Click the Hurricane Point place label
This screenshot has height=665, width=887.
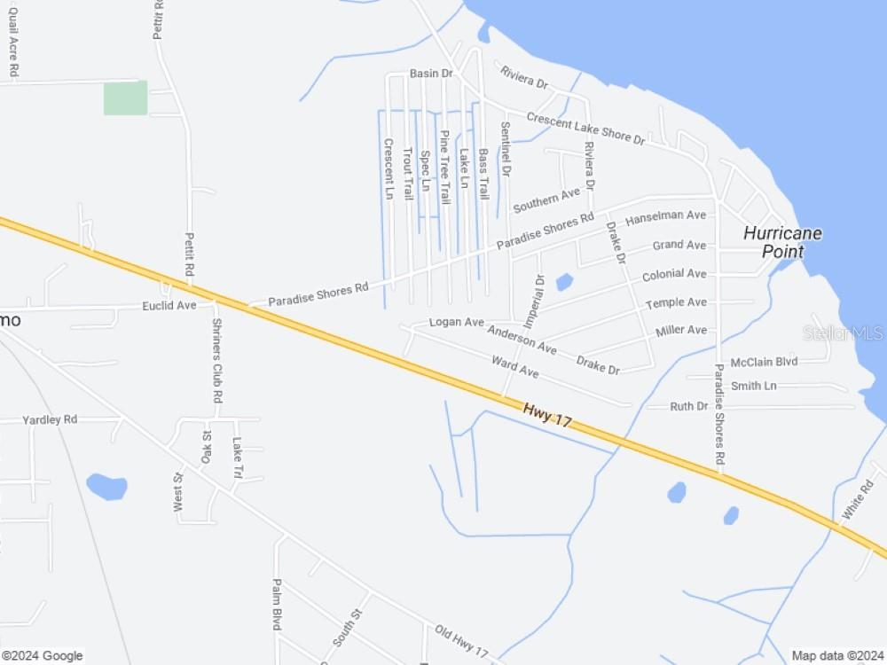(x=782, y=242)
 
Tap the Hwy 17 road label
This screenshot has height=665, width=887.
(x=546, y=413)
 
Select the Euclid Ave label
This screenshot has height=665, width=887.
(x=169, y=306)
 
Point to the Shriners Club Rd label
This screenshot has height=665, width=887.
(x=216, y=361)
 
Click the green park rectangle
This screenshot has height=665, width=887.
(x=125, y=98)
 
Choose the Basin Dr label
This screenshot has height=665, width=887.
(x=431, y=74)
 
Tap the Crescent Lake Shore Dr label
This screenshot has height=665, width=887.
(x=585, y=128)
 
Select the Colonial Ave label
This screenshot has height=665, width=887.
(x=674, y=275)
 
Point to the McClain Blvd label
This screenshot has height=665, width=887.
(x=764, y=363)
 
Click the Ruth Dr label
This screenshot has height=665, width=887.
(x=689, y=406)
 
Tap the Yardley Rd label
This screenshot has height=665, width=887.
(x=50, y=419)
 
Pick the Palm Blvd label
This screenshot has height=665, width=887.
(x=277, y=604)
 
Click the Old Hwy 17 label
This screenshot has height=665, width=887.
(x=461, y=641)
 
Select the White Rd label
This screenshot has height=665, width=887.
(x=858, y=500)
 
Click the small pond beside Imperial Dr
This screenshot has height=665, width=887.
(x=563, y=283)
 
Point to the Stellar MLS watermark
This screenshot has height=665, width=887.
(x=843, y=333)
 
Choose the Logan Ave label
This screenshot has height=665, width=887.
(x=456, y=322)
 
